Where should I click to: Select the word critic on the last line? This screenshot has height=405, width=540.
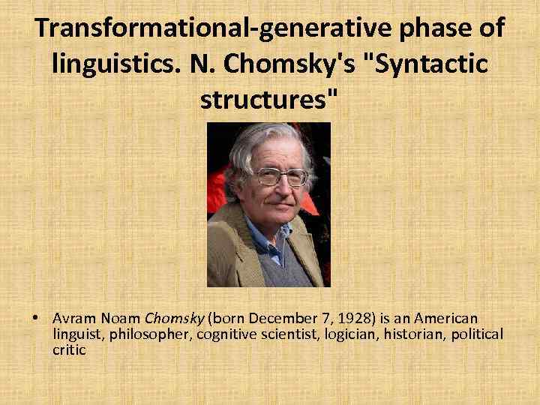point(69,349)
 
